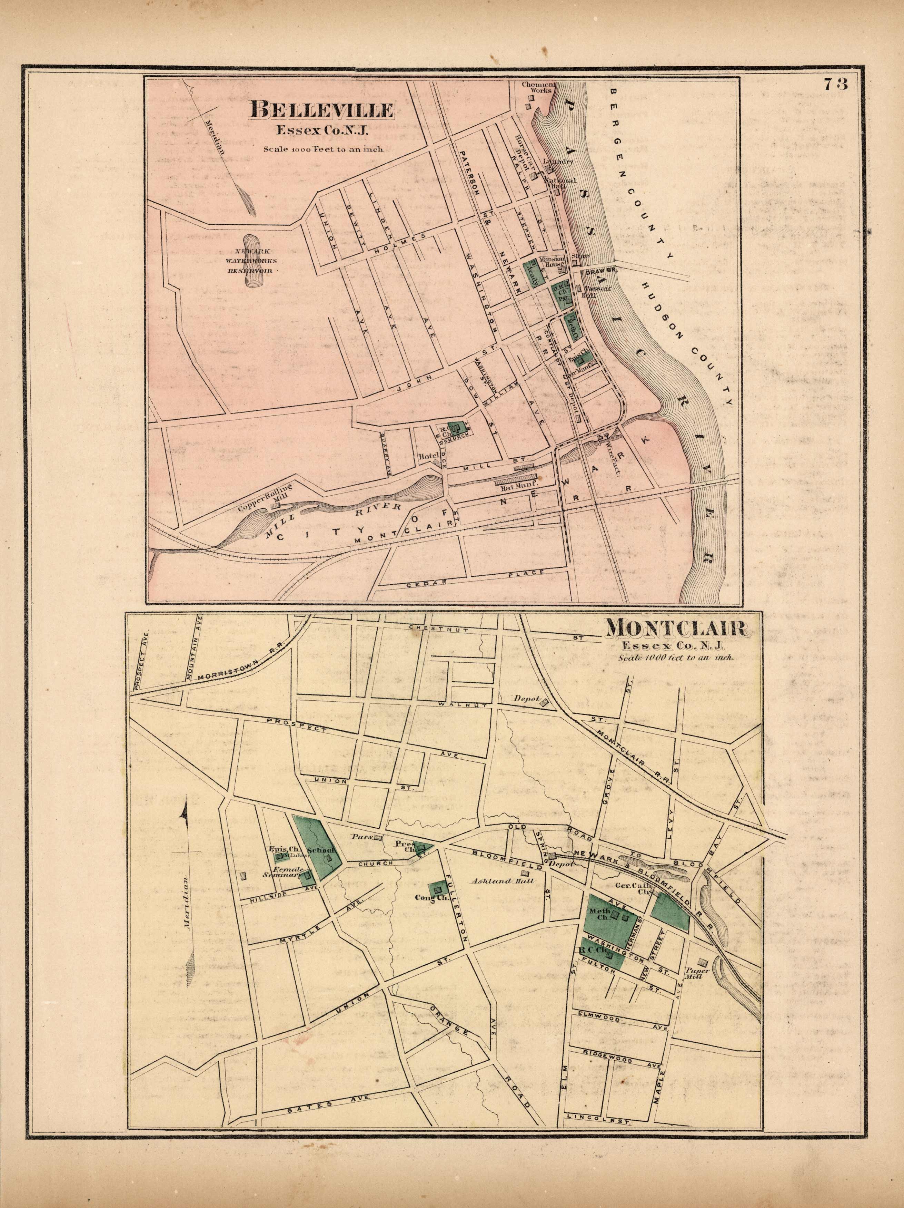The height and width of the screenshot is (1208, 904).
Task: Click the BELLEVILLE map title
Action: [x=321, y=110]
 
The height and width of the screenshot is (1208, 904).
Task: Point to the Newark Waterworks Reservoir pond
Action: [x=253, y=261]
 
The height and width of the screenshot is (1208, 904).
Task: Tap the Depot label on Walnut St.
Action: [x=526, y=699]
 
